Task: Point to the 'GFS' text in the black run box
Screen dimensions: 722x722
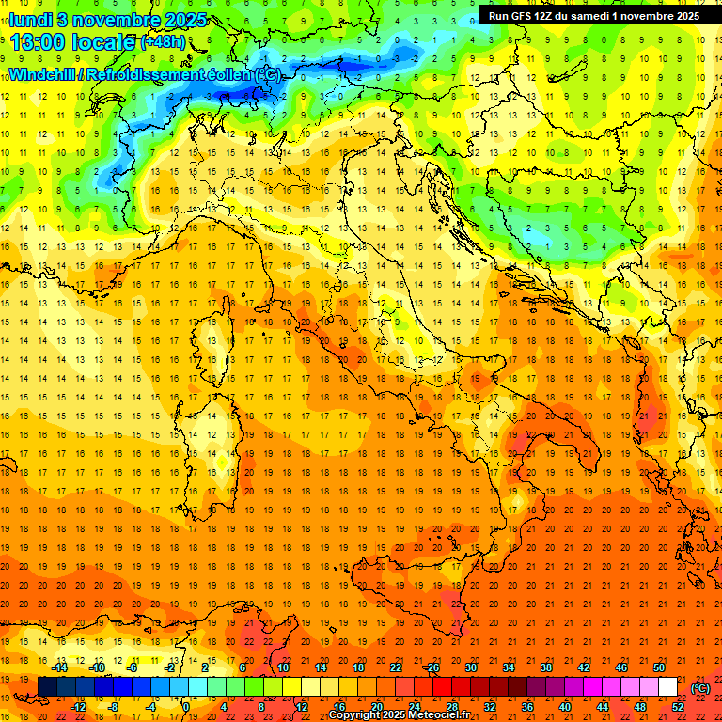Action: coord(527,16)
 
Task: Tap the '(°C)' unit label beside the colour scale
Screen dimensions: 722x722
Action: coord(700,687)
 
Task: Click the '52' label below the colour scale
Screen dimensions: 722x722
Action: coord(678,706)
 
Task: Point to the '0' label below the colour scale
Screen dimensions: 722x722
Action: coord(185,706)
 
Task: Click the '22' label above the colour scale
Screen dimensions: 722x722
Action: coord(396,667)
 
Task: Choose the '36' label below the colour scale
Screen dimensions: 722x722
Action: coord(527,706)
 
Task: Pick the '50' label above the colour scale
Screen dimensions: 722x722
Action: coord(658,667)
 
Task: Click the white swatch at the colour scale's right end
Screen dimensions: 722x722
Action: coord(667,686)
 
